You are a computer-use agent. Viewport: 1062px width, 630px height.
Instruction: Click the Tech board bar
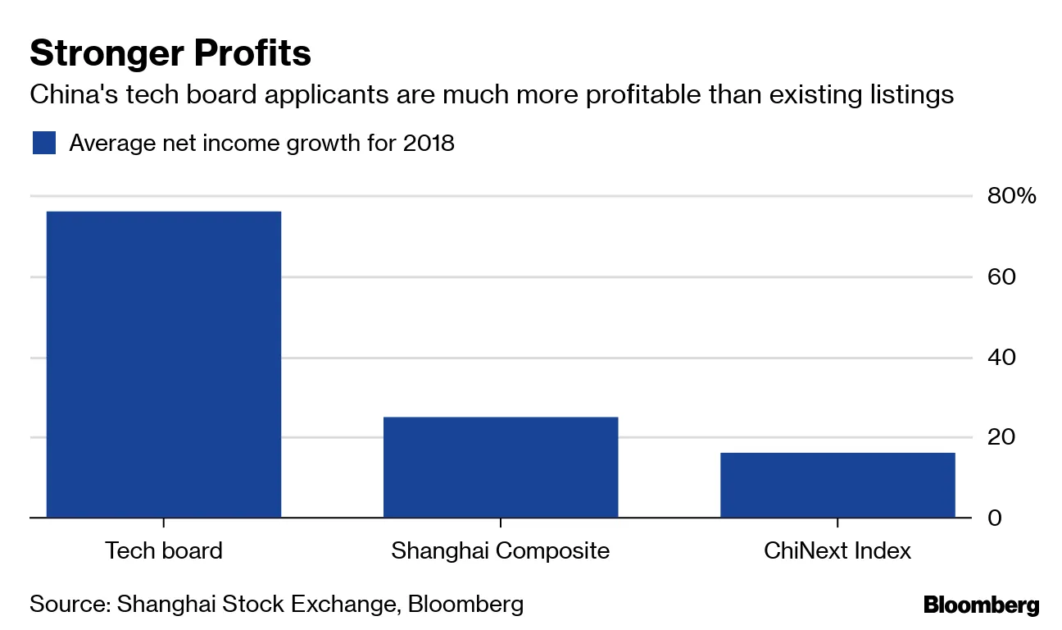(164, 364)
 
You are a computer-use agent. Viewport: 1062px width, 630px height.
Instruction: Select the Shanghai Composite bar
(501, 467)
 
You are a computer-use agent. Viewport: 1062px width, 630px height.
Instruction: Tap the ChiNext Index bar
(837, 485)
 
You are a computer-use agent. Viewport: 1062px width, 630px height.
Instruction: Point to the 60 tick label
(1002, 276)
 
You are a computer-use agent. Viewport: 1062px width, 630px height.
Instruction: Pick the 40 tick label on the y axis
(1002, 358)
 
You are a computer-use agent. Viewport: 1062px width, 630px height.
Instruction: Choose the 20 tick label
(1002, 437)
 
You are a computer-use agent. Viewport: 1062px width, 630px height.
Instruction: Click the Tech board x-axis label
(164, 550)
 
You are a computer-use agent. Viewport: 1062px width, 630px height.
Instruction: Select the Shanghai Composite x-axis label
(501, 550)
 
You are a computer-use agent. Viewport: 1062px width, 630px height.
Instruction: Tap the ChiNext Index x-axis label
(837, 550)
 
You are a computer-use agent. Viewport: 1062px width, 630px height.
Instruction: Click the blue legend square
(43, 143)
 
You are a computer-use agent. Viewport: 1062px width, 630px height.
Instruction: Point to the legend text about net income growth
(261, 143)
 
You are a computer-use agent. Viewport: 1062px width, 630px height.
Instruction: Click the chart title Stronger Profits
(170, 54)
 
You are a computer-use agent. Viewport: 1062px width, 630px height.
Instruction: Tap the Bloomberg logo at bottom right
(981, 606)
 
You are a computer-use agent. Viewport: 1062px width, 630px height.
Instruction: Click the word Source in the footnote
(66, 605)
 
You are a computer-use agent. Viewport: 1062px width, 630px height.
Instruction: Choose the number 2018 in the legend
(428, 143)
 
